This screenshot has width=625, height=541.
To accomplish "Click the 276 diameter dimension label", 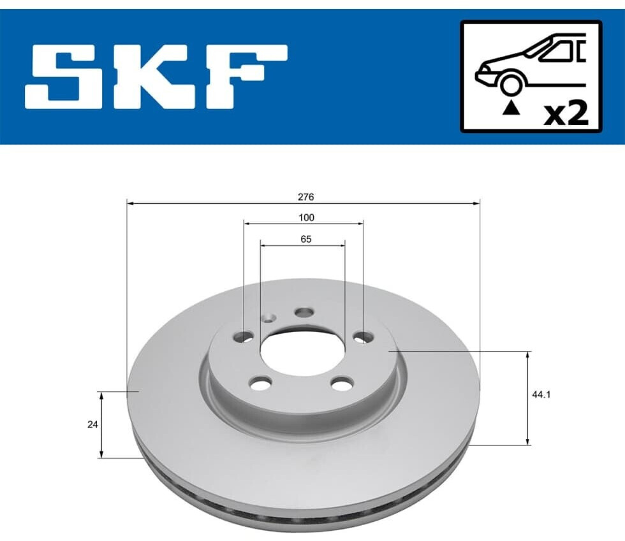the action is (305, 197).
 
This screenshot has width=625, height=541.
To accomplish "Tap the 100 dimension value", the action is (306, 217).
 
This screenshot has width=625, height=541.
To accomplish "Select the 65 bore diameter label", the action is (305, 239).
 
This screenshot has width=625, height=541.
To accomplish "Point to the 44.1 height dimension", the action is (541, 395).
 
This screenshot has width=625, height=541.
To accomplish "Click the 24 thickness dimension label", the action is (92, 424).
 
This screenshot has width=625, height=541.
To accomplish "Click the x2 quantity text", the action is (566, 114).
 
